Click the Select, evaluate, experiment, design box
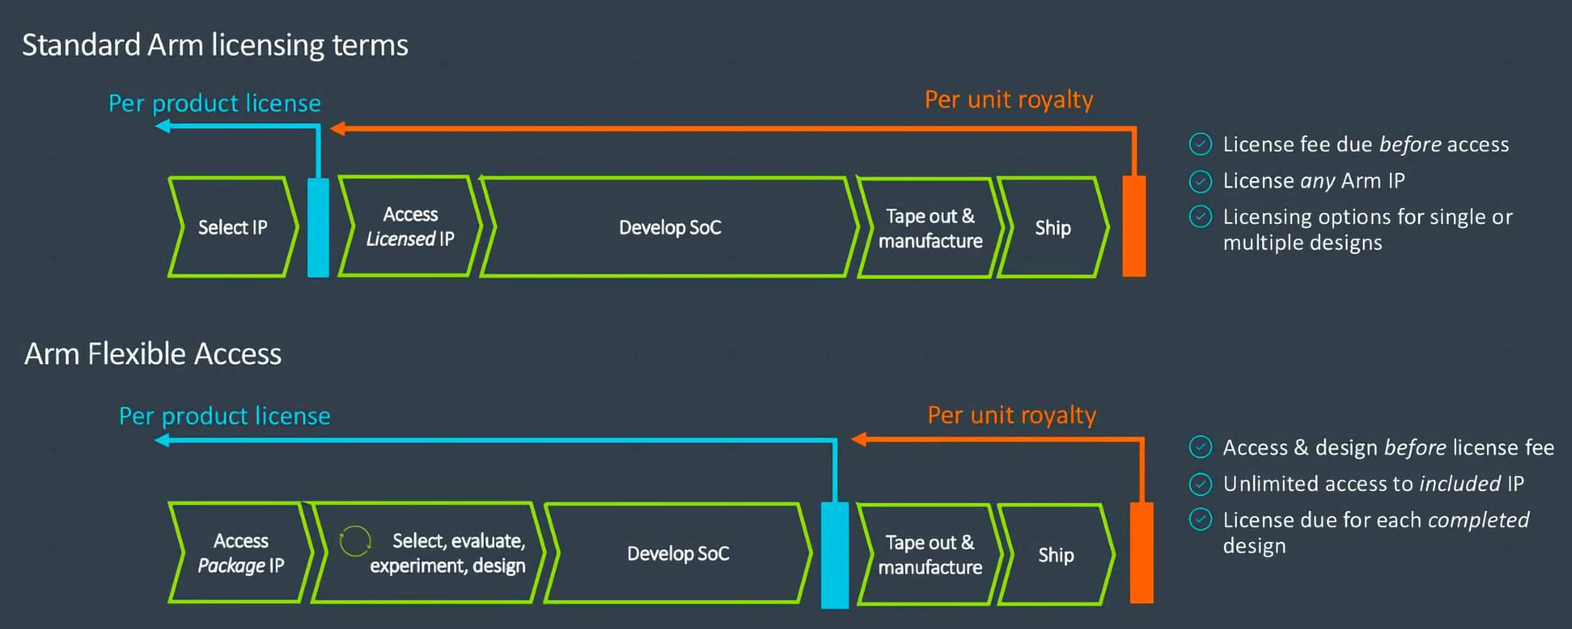(x=430, y=553)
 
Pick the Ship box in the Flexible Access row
(x=1056, y=555)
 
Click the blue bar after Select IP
(x=318, y=227)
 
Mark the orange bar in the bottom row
(x=1141, y=553)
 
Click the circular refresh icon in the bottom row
(x=355, y=541)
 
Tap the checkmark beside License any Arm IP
(x=1200, y=181)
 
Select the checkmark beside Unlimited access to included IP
(x=1200, y=484)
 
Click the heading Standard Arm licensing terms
(x=215, y=45)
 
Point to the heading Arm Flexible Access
(x=153, y=354)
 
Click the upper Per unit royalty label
(x=1009, y=100)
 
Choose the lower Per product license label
(x=225, y=416)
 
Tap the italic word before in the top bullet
(x=1410, y=144)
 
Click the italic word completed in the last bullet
(x=1478, y=520)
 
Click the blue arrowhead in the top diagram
(x=163, y=127)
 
